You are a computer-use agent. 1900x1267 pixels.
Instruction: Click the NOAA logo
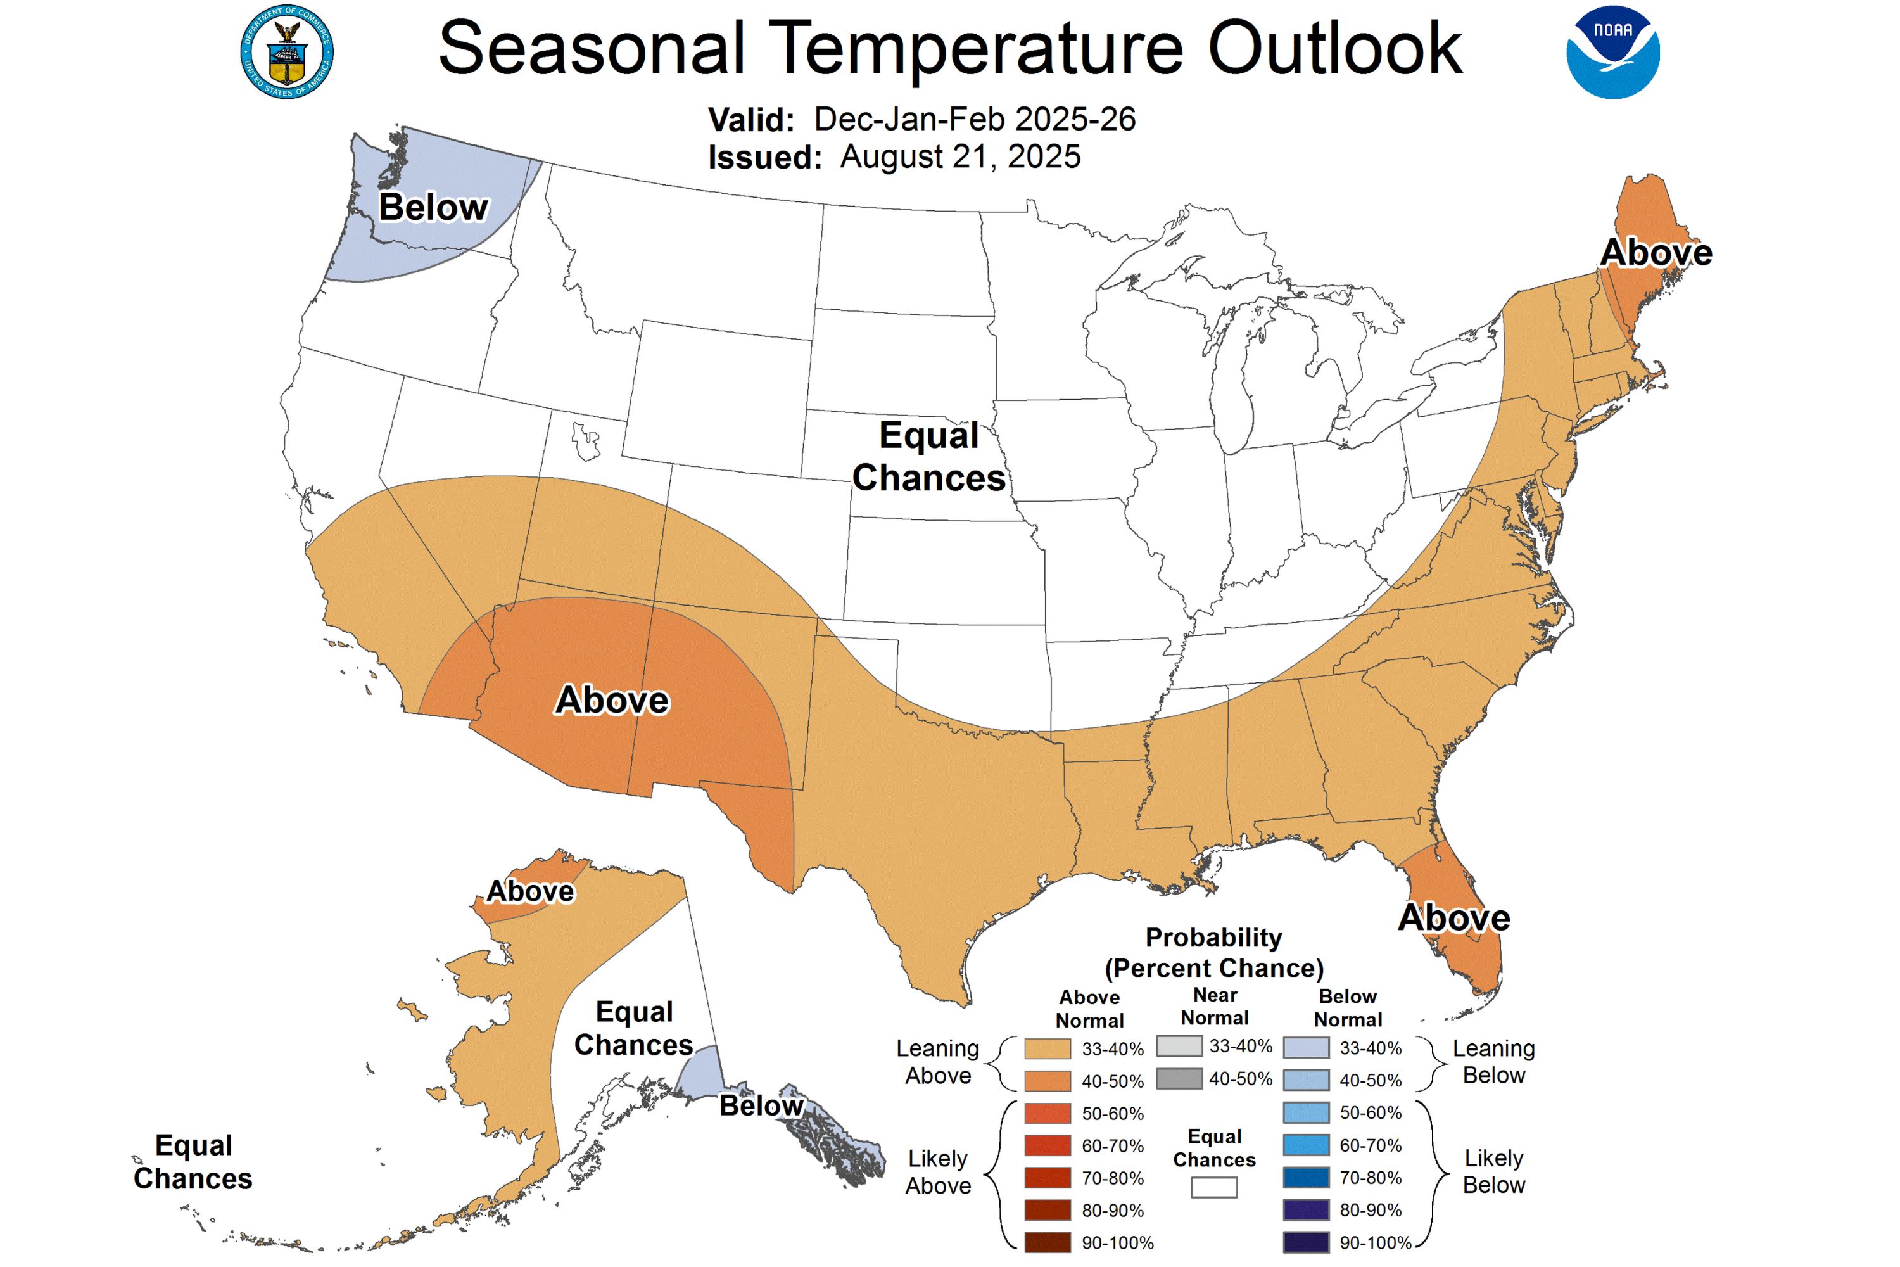[x=1612, y=53]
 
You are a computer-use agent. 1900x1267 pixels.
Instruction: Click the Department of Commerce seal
[x=287, y=53]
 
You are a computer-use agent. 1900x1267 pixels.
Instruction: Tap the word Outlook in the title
[x=1334, y=49]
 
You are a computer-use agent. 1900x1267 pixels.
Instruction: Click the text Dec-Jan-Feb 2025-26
[x=974, y=120]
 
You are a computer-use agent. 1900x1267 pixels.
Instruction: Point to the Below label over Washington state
[x=434, y=208]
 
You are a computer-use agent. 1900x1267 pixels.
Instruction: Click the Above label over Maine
[x=1656, y=253]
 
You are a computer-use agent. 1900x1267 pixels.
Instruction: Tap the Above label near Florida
[x=1454, y=918]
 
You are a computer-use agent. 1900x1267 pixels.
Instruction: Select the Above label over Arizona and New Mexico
[x=612, y=701]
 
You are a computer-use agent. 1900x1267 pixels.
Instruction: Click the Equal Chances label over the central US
[x=929, y=457]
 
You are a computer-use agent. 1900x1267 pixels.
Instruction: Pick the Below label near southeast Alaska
[x=761, y=1105]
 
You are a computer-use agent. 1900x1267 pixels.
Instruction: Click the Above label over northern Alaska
[x=530, y=891]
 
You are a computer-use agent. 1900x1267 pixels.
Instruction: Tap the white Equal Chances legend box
[x=1214, y=1187]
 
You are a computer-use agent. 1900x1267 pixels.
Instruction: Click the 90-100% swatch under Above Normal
[x=1048, y=1242]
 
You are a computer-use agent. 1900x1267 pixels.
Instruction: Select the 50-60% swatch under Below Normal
[x=1306, y=1112]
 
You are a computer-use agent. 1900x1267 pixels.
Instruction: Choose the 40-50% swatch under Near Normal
[x=1179, y=1079]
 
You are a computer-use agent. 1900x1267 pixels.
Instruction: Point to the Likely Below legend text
[x=1493, y=1171]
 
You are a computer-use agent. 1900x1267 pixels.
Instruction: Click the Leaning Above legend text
[x=938, y=1062]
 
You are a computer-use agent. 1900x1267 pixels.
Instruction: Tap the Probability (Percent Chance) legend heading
[x=1214, y=953]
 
